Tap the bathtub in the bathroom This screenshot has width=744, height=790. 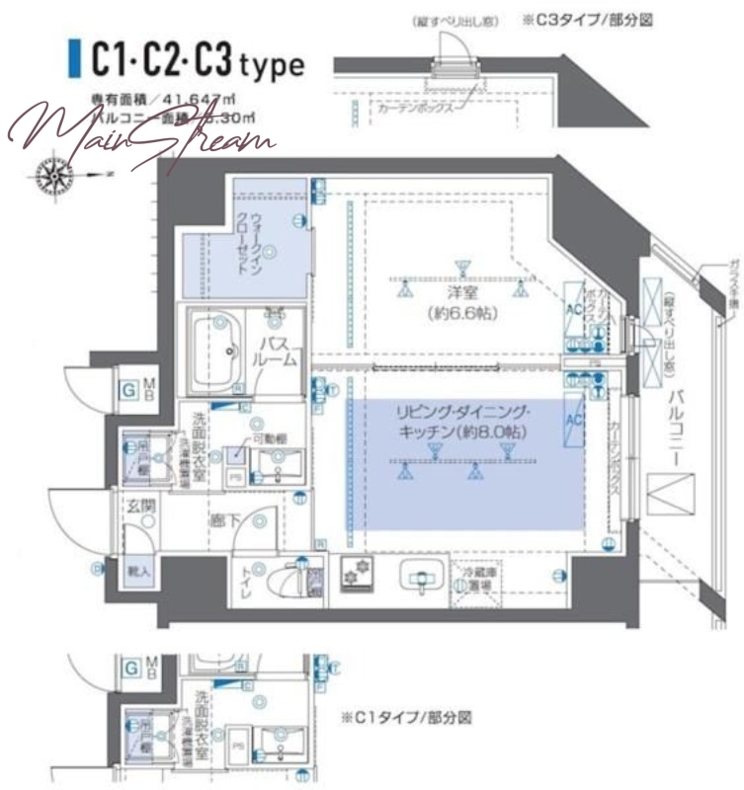point(216,351)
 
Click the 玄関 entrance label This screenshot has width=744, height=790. point(139,507)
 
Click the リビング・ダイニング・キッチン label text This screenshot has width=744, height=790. point(463,422)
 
